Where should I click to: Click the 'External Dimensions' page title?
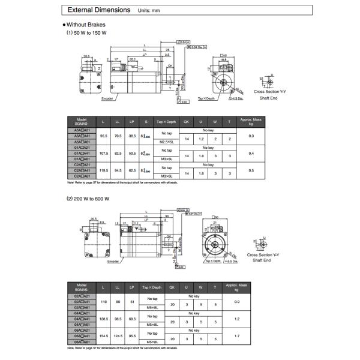point(98,10)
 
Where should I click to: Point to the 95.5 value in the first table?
point(103,136)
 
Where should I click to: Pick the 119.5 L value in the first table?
point(103,170)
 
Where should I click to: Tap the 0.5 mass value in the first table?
point(251,170)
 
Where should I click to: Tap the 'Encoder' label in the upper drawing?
point(107,98)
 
